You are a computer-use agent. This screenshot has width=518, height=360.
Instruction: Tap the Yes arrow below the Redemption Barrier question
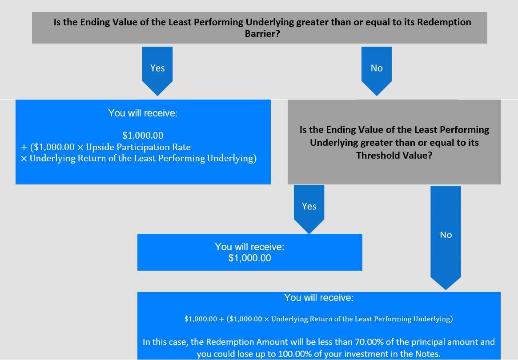[x=157, y=71]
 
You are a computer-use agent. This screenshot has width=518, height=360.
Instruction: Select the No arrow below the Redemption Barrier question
[x=377, y=71]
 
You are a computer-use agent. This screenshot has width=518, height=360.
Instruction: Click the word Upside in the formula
[x=100, y=147]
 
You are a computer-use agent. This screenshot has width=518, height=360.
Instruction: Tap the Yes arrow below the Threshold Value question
[x=309, y=209]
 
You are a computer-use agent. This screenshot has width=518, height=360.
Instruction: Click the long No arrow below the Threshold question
[x=446, y=238]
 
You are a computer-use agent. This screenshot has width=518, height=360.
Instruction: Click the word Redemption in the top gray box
[x=444, y=22]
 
